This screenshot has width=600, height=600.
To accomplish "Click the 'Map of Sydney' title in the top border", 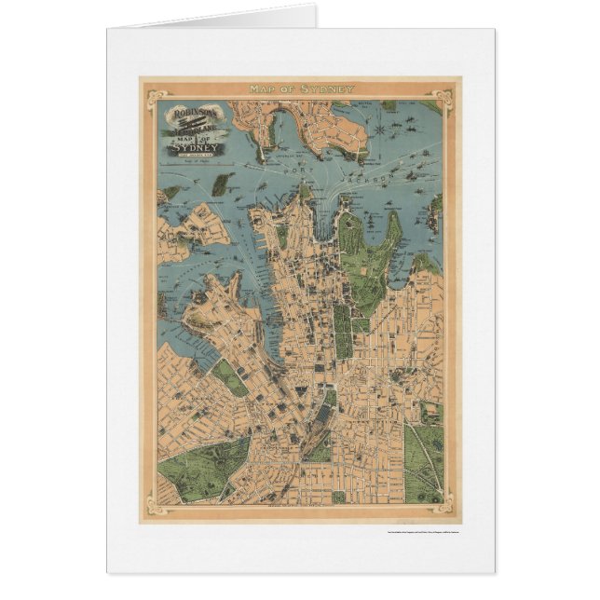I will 301,89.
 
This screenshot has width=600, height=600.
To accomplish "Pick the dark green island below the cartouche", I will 221,184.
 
